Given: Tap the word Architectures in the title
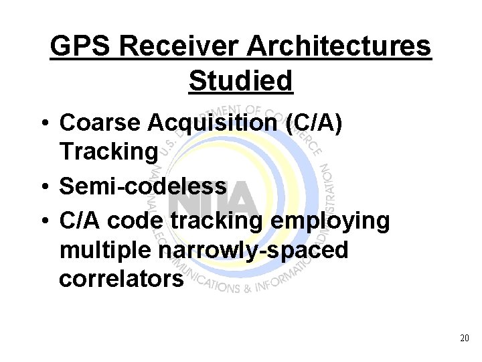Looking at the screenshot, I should tap(340, 47).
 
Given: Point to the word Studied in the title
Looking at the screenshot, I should tap(241, 80).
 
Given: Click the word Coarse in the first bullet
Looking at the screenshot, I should tap(99, 123).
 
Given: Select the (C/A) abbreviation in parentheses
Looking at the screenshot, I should tap(311, 123).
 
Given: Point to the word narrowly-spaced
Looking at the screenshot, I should tap(255, 249).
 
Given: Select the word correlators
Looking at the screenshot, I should tap(120, 278).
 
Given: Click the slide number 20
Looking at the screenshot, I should tap(465, 339).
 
